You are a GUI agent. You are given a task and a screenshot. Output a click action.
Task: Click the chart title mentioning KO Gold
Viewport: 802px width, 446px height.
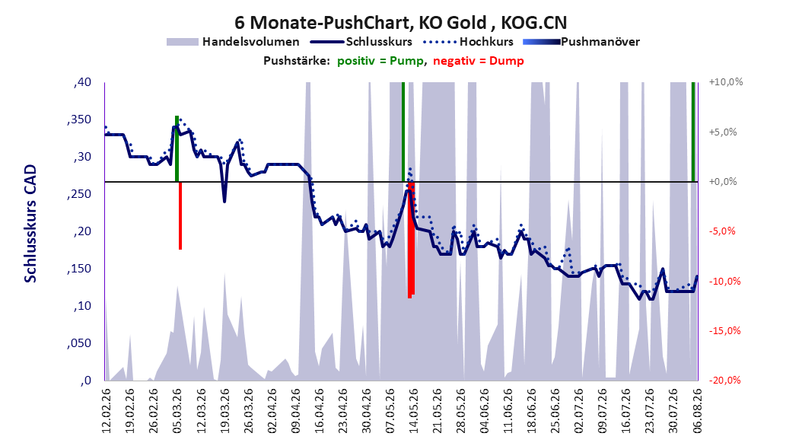click(x=400, y=23)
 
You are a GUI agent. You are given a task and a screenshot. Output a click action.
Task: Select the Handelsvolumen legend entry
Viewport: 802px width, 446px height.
click(x=233, y=42)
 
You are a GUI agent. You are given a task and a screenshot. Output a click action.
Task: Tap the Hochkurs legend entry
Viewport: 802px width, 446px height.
click(x=468, y=42)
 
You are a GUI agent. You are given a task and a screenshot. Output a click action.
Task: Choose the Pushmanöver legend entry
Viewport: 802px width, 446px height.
click(x=581, y=42)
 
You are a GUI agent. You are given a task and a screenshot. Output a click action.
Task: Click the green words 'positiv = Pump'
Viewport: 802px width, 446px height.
click(x=380, y=61)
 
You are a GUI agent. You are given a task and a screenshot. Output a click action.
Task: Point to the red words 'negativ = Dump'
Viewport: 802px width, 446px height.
click(x=479, y=61)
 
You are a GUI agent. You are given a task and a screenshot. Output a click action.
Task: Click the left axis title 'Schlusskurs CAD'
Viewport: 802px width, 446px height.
click(x=30, y=224)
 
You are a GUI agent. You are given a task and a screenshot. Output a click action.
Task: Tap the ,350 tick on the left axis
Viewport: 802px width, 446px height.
click(x=79, y=119)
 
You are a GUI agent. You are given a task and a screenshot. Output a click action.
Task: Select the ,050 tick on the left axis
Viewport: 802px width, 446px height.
click(x=79, y=343)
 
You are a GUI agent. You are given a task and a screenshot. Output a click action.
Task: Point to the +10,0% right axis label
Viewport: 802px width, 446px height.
click(x=726, y=82)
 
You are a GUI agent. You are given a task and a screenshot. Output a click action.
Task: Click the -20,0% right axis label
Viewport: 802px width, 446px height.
click(x=724, y=380)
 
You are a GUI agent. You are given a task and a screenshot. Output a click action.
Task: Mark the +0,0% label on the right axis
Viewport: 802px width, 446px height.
click(x=723, y=182)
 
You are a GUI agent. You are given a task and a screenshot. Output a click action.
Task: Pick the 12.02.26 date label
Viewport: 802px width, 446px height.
click(x=107, y=411)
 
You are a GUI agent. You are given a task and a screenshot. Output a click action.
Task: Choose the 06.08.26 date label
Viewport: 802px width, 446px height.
click(x=697, y=411)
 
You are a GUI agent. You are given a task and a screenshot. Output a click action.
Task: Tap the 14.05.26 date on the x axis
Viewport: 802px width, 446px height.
click(x=413, y=411)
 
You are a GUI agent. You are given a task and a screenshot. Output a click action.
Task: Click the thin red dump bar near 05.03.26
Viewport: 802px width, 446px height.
click(x=180, y=215)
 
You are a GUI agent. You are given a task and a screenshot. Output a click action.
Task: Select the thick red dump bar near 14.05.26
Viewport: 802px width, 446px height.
click(x=411, y=240)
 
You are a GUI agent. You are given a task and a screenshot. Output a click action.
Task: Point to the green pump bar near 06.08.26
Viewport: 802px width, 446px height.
click(x=693, y=132)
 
